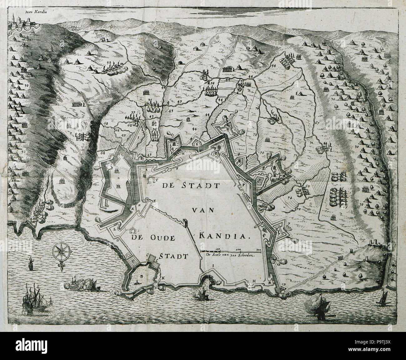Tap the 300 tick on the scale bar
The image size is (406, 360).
[258, 249]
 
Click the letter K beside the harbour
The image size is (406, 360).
[162, 278]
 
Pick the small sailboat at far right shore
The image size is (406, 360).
[383, 297]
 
